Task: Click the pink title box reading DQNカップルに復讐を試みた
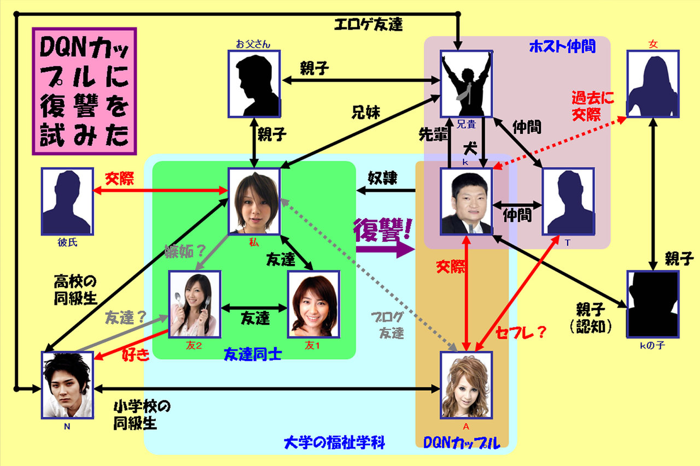point(84,91)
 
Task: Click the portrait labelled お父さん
point(254,84)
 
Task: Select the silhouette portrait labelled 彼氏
point(66,200)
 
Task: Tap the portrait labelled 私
point(254,200)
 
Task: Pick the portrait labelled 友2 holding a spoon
point(195,303)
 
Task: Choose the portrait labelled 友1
point(313,303)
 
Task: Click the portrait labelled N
point(67,385)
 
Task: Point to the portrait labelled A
point(466,385)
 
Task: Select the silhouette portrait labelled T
point(568,200)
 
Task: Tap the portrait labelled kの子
point(652,303)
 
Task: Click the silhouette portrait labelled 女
point(652,84)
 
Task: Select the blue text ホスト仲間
point(562,47)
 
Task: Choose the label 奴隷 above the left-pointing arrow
point(383,178)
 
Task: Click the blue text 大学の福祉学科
point(335,441)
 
